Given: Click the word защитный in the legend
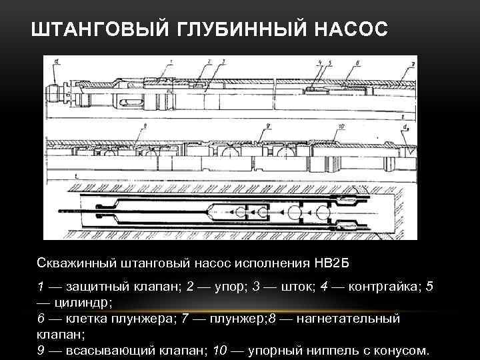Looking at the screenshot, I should click(x=98, y=287).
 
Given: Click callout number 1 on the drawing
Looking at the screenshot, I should click(x=171, y=61).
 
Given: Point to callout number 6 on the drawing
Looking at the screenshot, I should click(x=358, y=62).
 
